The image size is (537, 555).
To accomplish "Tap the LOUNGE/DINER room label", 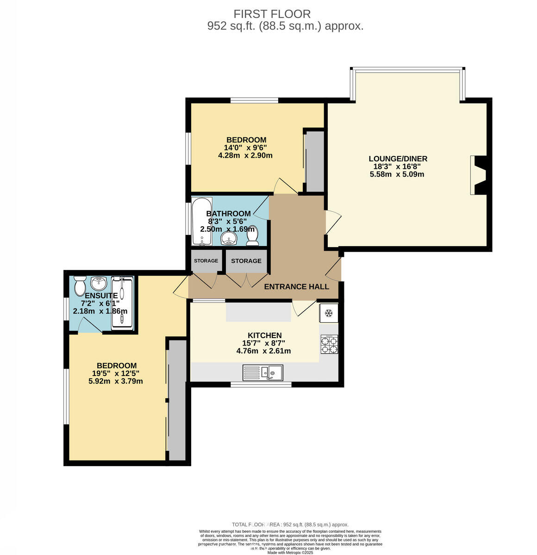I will point(397,159).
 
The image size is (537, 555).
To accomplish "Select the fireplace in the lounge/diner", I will point(478,175).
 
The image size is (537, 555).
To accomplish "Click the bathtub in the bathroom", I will point(202,221).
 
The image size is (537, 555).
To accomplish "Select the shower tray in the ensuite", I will point(123,303).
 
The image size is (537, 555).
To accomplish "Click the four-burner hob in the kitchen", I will point(329,345).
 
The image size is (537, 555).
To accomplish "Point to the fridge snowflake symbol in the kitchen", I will point(329,314).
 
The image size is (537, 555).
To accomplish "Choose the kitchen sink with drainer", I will point(263,372).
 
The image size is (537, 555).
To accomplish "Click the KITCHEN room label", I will point(264,335).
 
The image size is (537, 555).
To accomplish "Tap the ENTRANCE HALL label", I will point(296,287).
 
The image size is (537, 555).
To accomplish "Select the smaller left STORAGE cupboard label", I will point(206,261).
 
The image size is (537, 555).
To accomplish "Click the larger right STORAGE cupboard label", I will point(246,261).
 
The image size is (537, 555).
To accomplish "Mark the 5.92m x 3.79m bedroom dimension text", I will point(115,382).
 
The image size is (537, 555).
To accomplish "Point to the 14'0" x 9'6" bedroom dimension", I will point(245,148).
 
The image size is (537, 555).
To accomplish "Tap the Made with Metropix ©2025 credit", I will point(290,552).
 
